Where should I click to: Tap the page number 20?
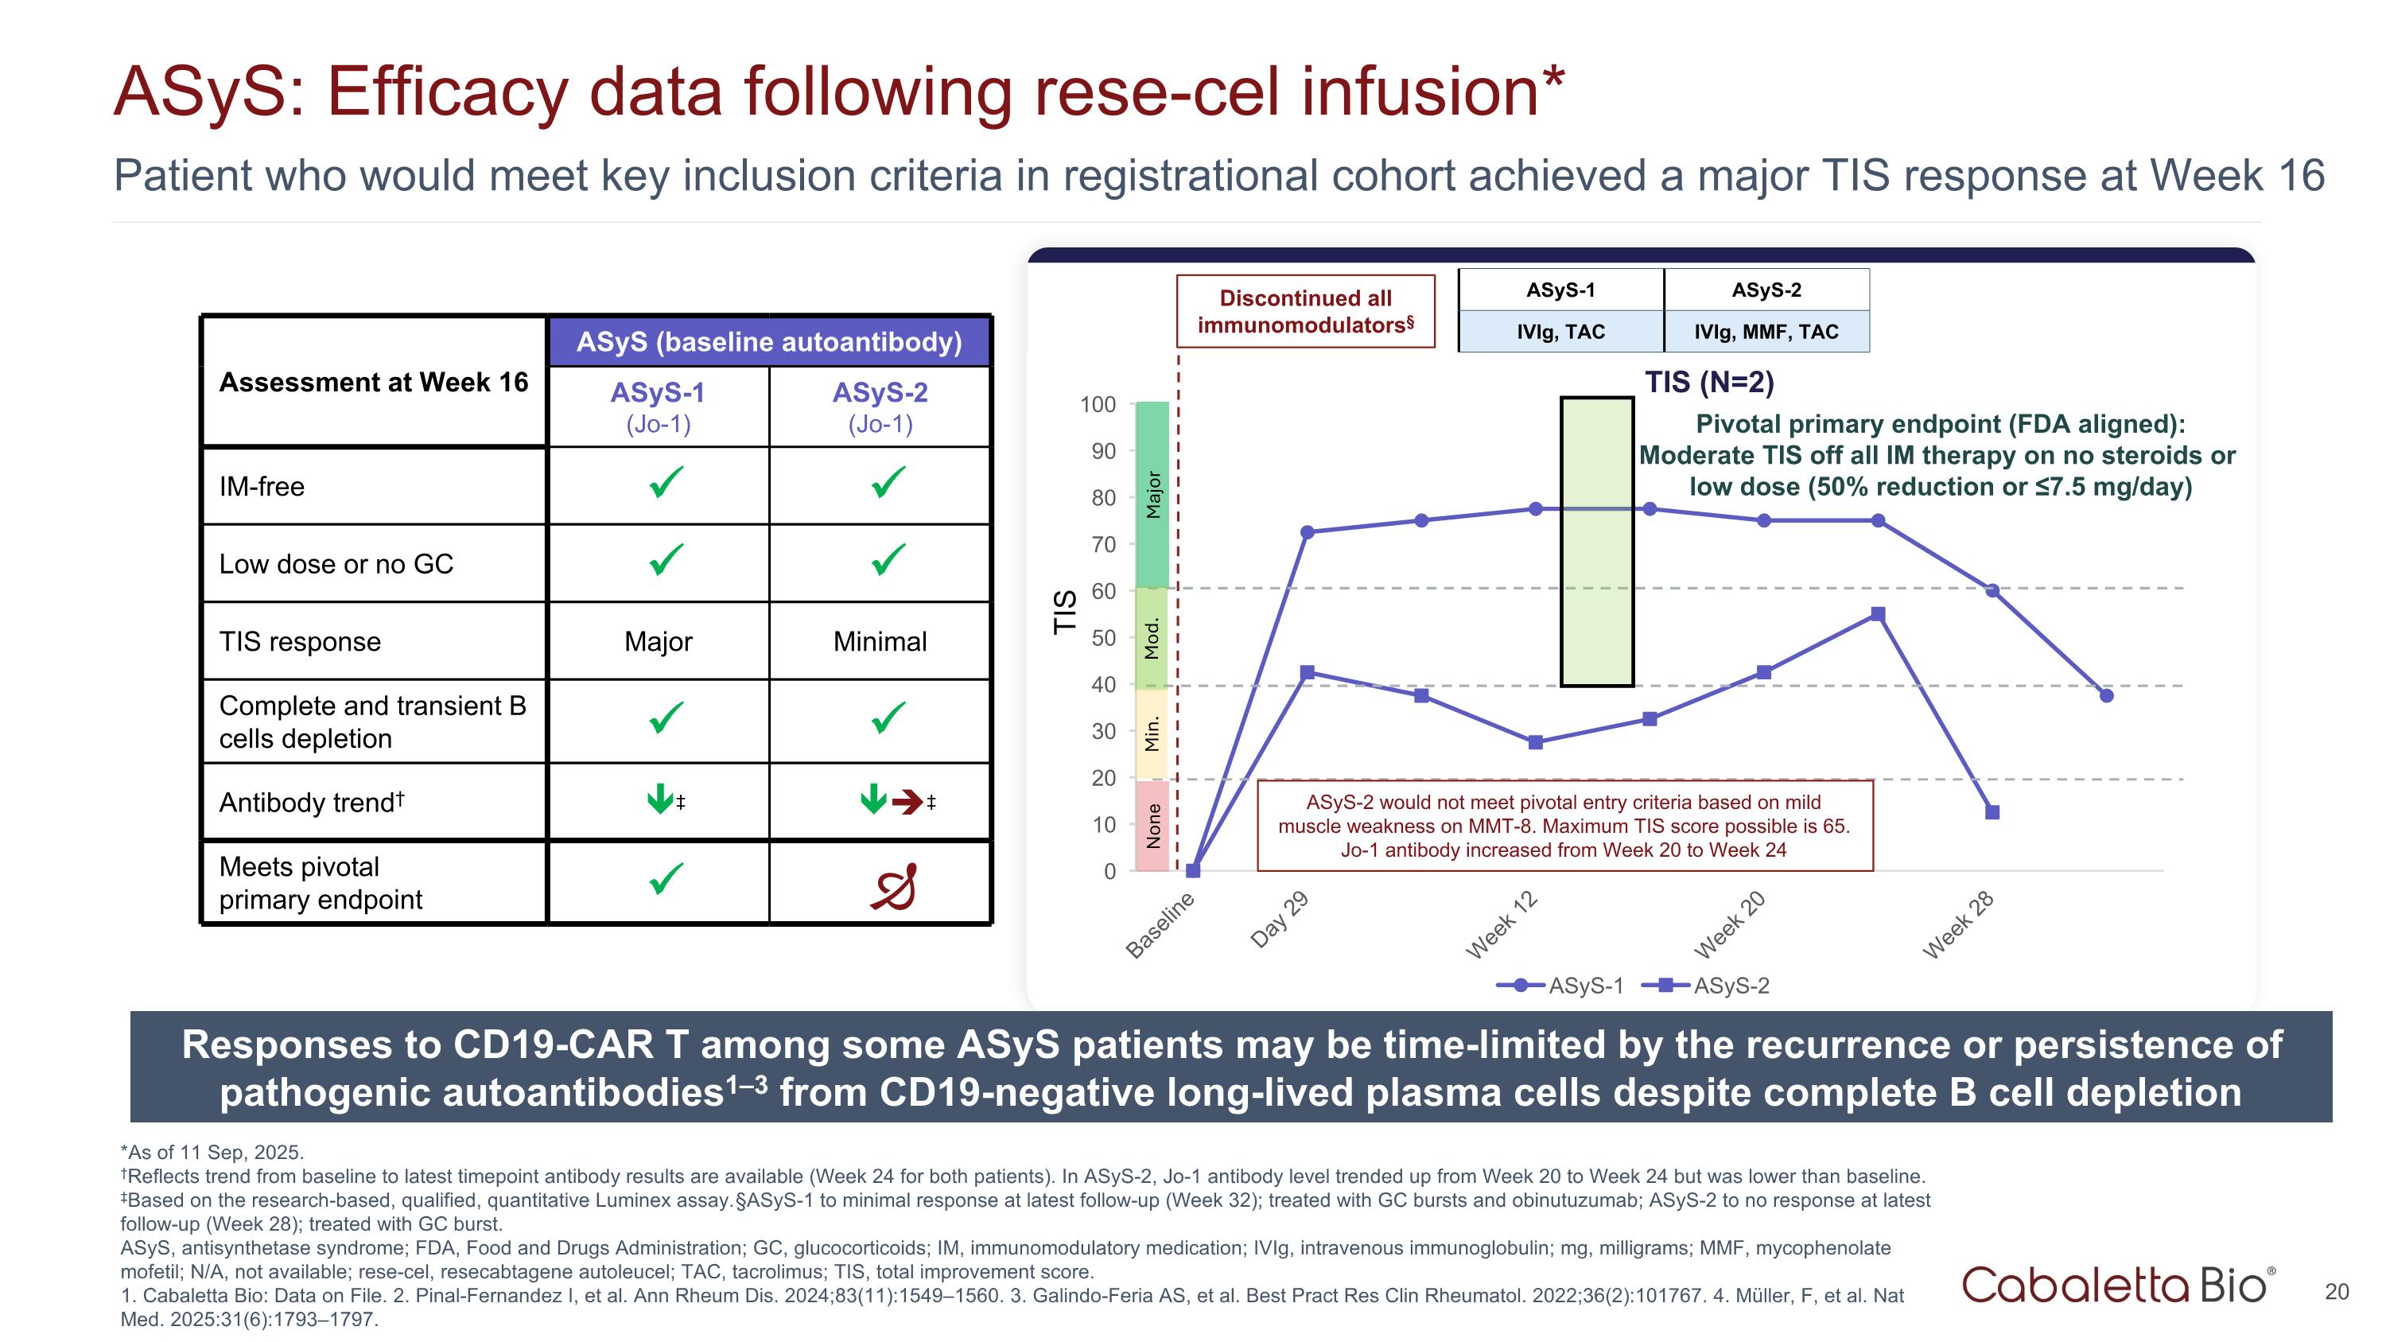click(2336, 1292)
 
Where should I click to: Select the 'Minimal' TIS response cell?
click(879, 642)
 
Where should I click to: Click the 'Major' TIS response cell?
click(658, 642)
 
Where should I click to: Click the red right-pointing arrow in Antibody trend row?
click(907, 801)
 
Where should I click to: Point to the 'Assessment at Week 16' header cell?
click(373, 383)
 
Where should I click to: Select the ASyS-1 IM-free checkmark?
click(666, 483)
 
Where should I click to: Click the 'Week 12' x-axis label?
click(1502, 924)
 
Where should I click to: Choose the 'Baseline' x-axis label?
click(1160, 925)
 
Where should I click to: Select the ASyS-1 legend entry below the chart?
click(1560, 986)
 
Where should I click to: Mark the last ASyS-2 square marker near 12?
click(1992, 812)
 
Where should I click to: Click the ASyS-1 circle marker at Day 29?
click(1307, 532)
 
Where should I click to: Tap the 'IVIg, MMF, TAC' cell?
click(1766, 332)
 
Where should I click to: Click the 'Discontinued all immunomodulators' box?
click(1305, 311)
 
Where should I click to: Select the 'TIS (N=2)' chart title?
click(1709, 382)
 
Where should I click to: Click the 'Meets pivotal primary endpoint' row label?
click(321, 883)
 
